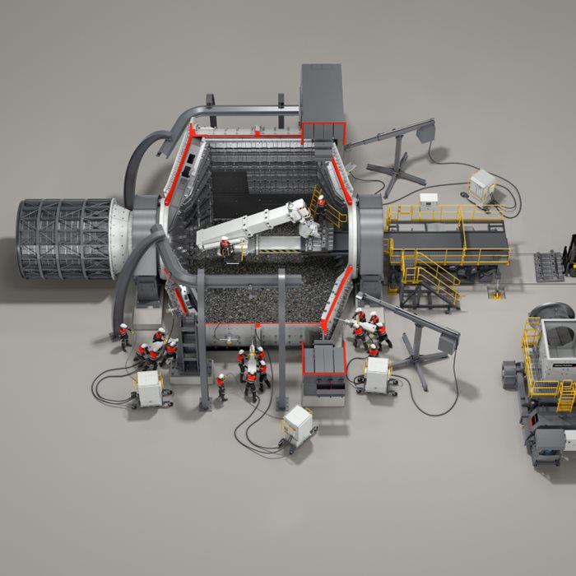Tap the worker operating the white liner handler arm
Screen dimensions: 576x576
click(x=224, y=246)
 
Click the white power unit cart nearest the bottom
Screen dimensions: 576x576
click(x=298, y=426)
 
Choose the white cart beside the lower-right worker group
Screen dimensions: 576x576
click(x=377, y=375)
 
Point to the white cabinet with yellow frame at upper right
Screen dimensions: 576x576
click(x=482, y=184)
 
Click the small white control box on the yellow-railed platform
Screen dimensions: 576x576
click(x=429, y=199)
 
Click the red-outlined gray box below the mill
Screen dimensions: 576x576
click(x=324, y=367)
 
